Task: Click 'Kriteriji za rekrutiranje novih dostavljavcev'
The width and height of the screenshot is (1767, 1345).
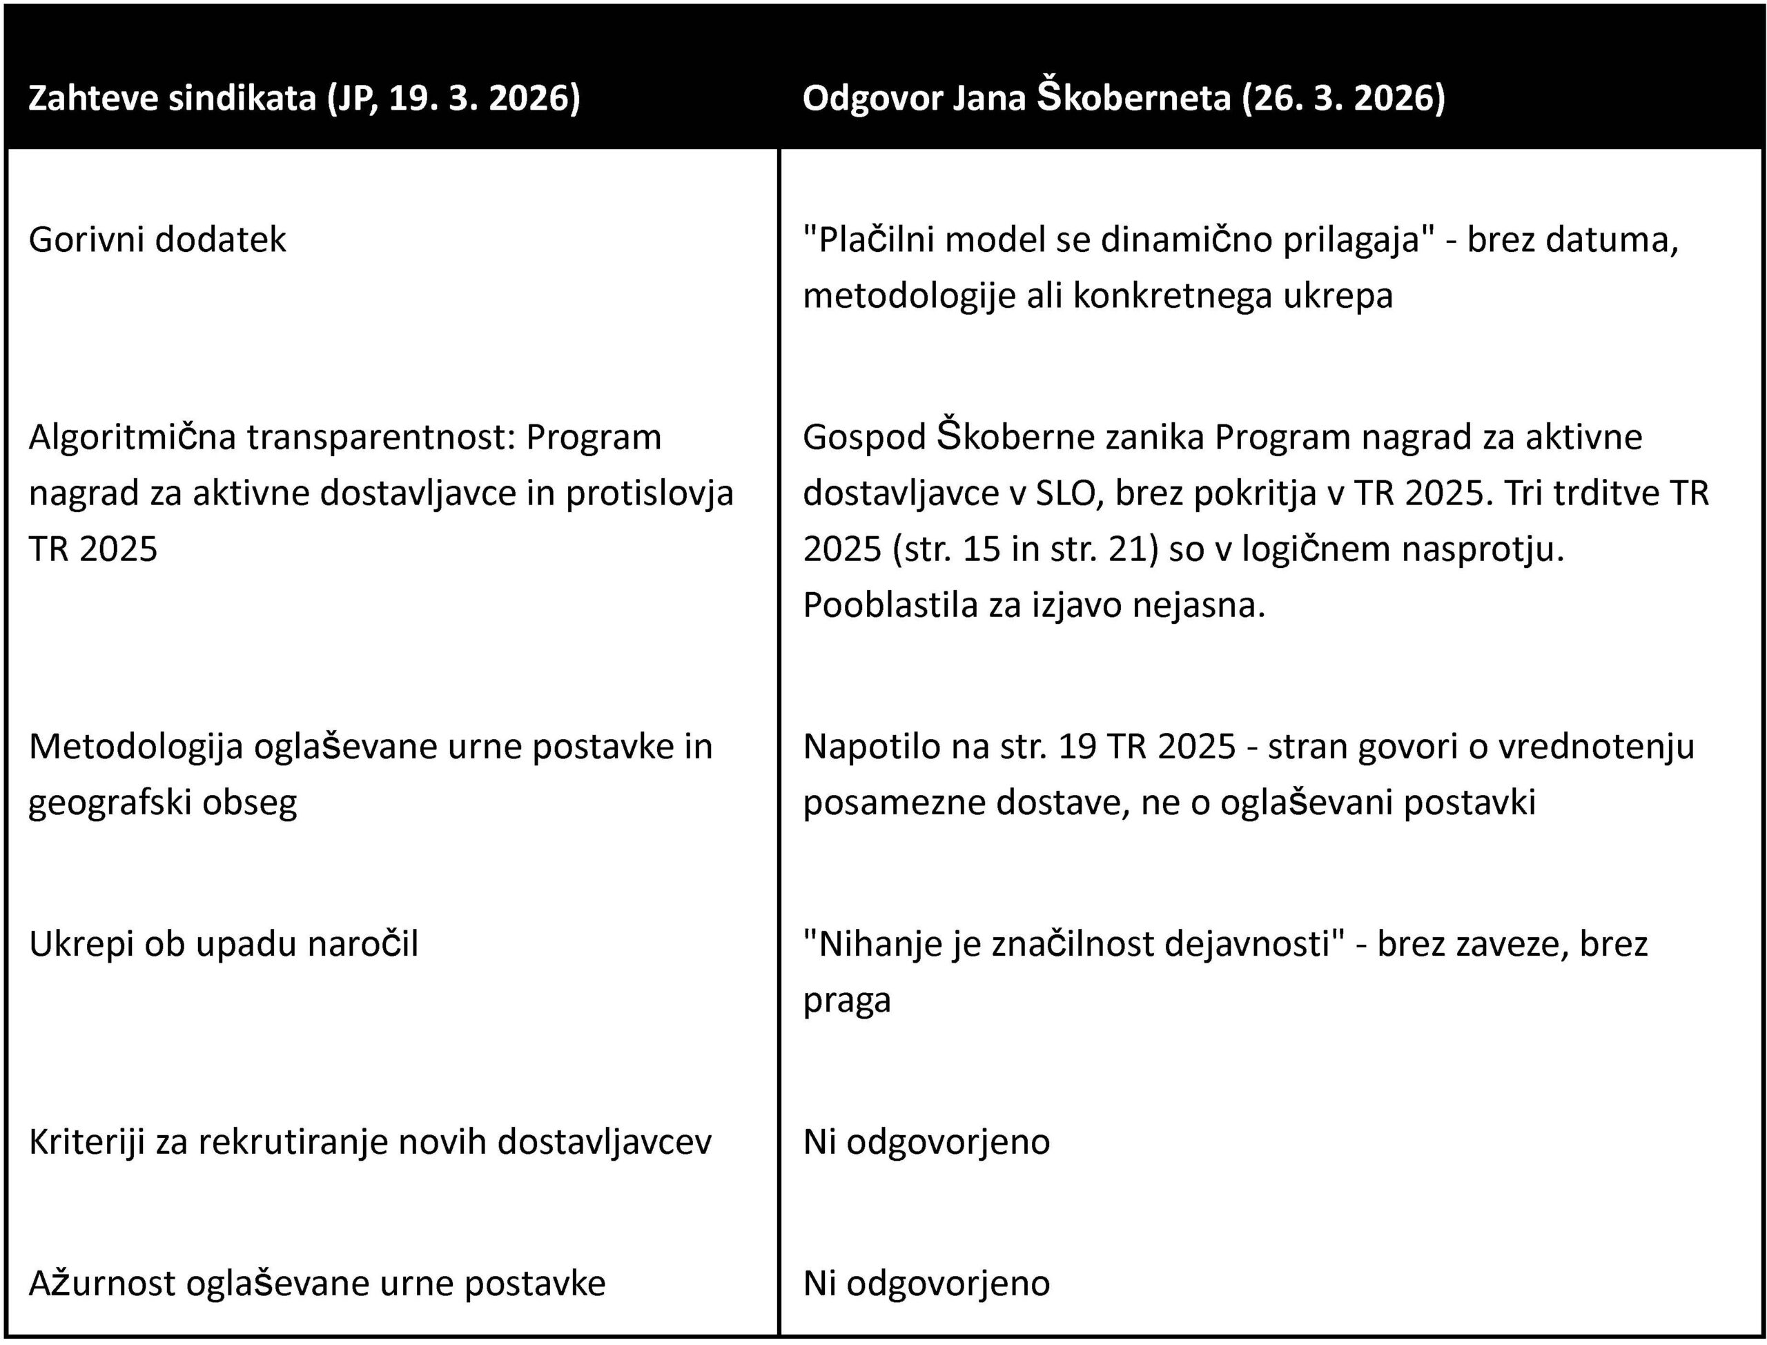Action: pyautogui.click(x=370, y=1142)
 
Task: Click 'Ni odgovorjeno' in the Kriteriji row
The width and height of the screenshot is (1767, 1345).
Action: pyautogui.click(x=926, y=1142)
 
